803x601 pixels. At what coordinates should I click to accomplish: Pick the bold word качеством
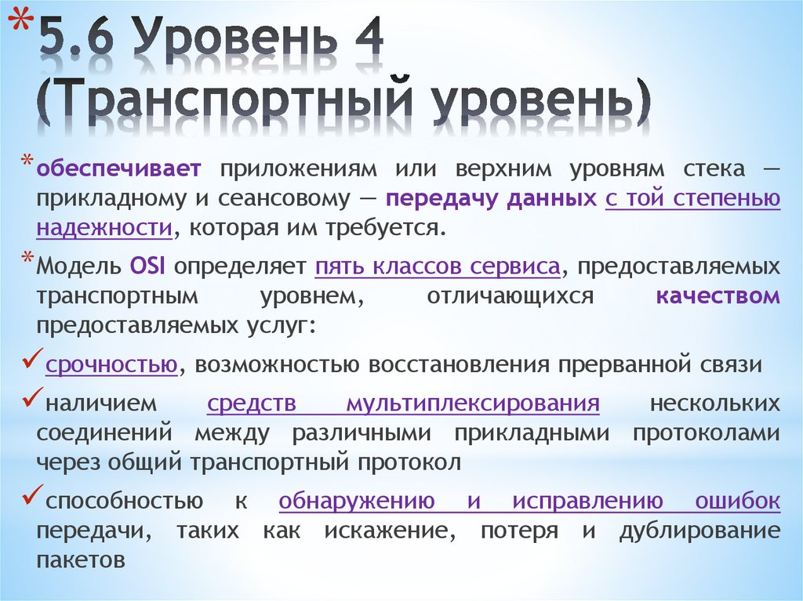[x=718, y=296]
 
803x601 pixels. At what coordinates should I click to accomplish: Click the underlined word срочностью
[x=110, y=364]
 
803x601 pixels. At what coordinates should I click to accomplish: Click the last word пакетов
[x=81, y=560]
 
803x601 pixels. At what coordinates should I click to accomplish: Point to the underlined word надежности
[x=104, y=227]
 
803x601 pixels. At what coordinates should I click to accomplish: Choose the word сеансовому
[x=283, y=198]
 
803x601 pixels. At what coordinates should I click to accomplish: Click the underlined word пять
[x=339, y=266]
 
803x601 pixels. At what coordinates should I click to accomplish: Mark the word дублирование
[x=699, y=530]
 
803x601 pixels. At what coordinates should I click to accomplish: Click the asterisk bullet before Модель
[x=28, y=261]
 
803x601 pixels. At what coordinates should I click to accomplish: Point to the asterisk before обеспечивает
[x=28, y=162]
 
